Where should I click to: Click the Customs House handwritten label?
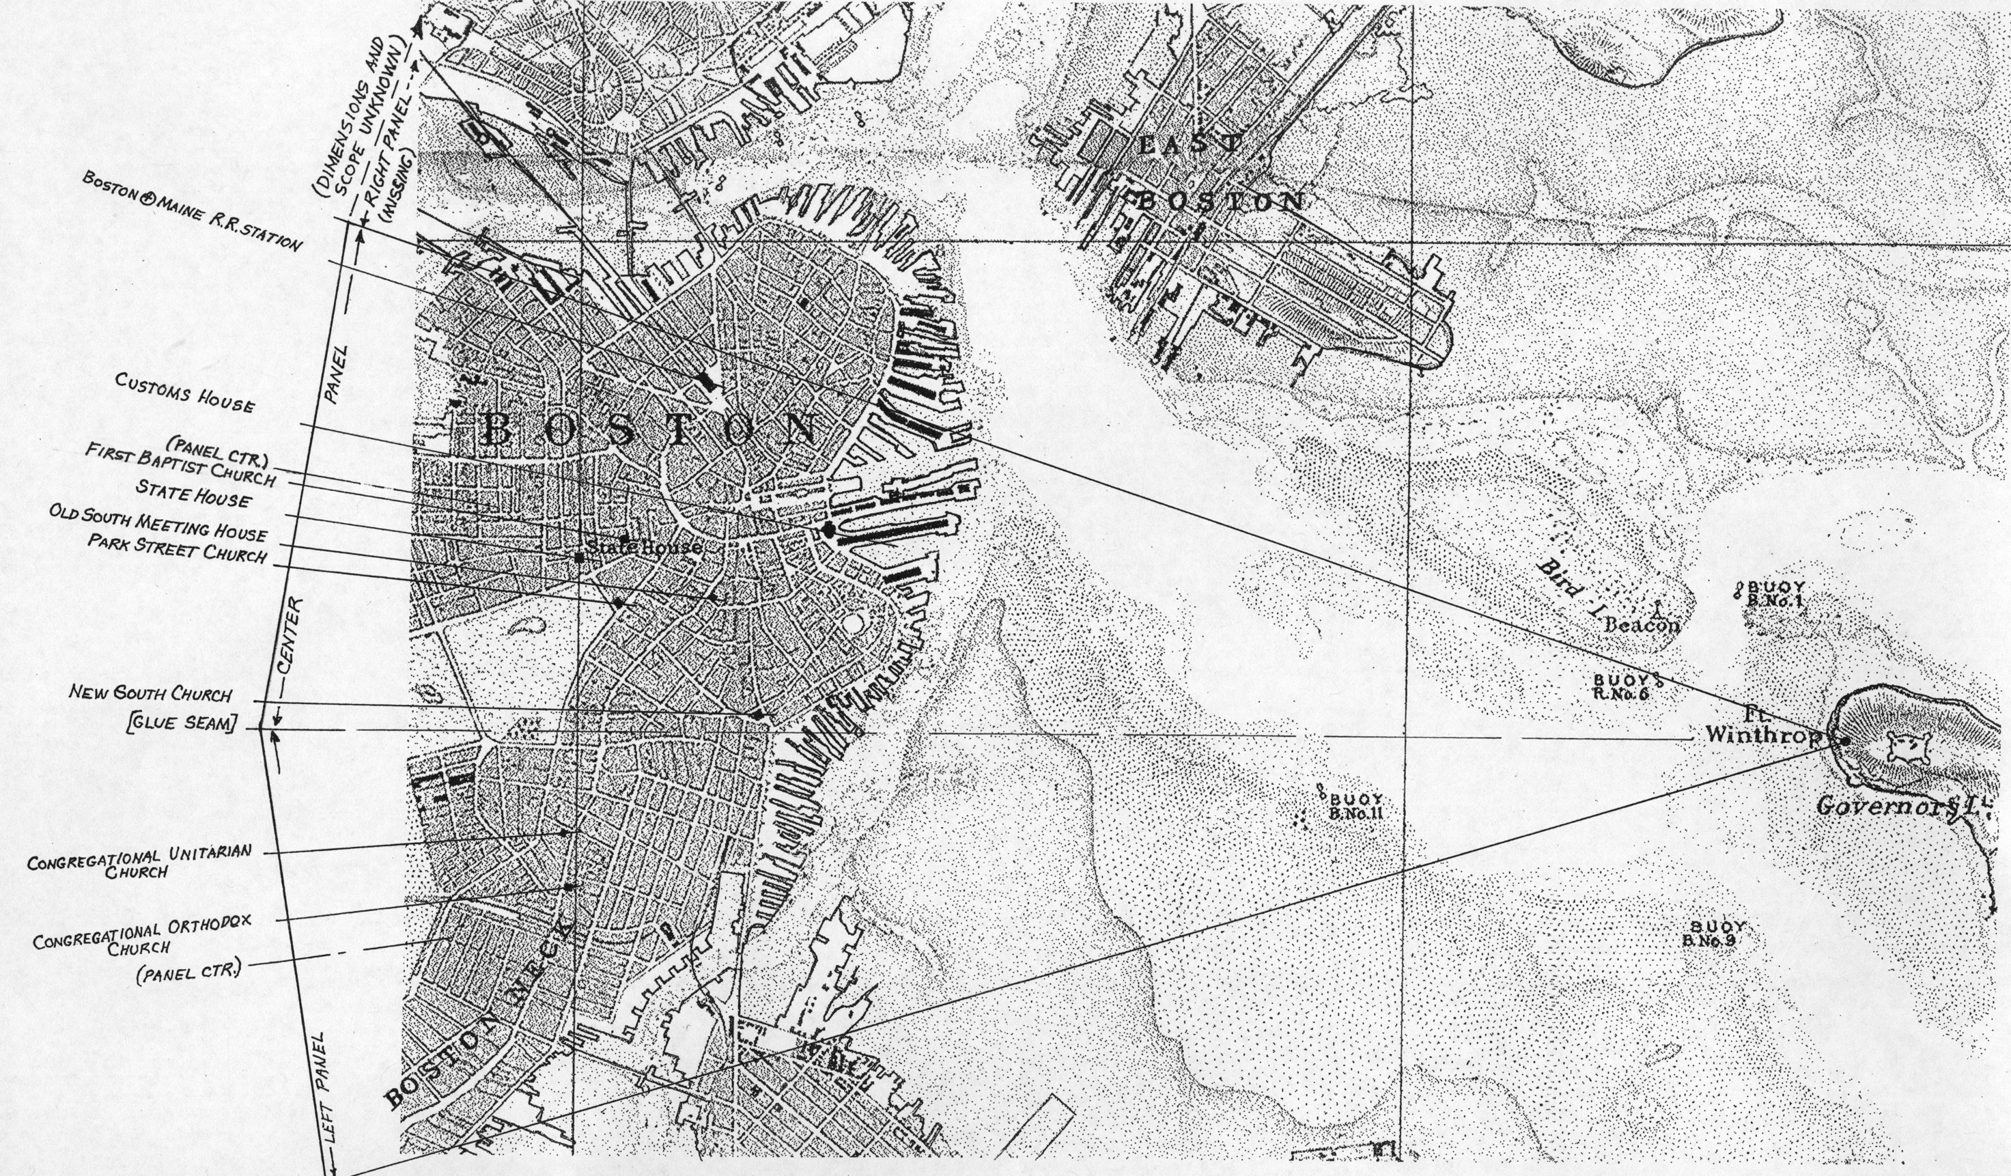pos(184,393)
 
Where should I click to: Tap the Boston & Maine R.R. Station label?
pos(193,212)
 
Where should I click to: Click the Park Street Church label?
pos(177,548)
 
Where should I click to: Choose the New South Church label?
pos(150,692)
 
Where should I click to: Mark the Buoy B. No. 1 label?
pos(1773,594)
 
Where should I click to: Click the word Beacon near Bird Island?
pos(1642,624)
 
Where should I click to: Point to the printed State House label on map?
pos(644,548)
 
